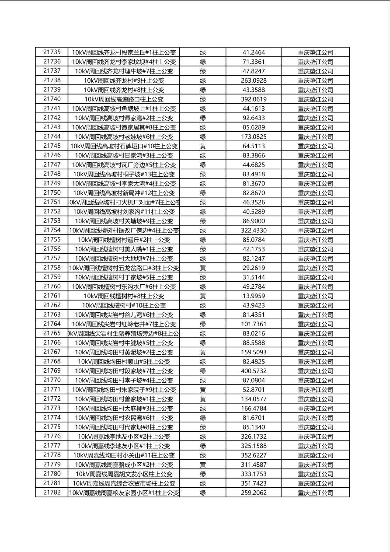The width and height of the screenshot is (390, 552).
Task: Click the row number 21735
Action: pyautogui.click(x=52, y=52)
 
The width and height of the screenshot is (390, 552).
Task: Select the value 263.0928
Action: pyautogui.click(x=254, y=80)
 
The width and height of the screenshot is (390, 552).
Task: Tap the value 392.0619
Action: pyautogui.click(x=254, y=99)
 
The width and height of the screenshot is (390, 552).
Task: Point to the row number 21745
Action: pyautogui.click(x=52, y=146)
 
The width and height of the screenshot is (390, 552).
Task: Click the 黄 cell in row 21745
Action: pyautogui.click(x=203, y=146)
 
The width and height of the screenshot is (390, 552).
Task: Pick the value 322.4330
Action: pyautogui.click(x=254, y=231)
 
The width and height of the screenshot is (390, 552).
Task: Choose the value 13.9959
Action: pyautogui.click(x=254, y=296)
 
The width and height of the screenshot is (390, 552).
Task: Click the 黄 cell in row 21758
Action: pyautogui.click(x=203, y=268)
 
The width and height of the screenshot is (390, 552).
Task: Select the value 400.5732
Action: pyautogui.click(x=254, y=371)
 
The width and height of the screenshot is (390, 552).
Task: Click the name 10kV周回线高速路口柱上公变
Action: pyautogui.click(x=124, y=99)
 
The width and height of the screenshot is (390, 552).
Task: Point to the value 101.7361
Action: pyautogui.click(x=254, y=324)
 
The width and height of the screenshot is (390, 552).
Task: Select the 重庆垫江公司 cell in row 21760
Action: pyautogui.click(x=315, y=287)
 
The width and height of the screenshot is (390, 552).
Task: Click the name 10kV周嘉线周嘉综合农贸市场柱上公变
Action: pyautogui.click(x=124, y=483)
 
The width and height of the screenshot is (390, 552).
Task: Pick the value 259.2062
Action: pyautogui.click(x=254, y=493)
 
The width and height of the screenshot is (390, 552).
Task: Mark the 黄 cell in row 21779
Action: pyautogui.click(x=203, y=465)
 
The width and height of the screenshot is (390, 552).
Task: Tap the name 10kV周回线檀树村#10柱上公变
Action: pyautogui.click(x=124, y=305)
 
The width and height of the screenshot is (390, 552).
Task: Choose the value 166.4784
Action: pyautogui.click(x=254, y=409)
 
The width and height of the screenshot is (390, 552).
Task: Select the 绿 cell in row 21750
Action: pyautogui.click(x=203, y=193)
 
